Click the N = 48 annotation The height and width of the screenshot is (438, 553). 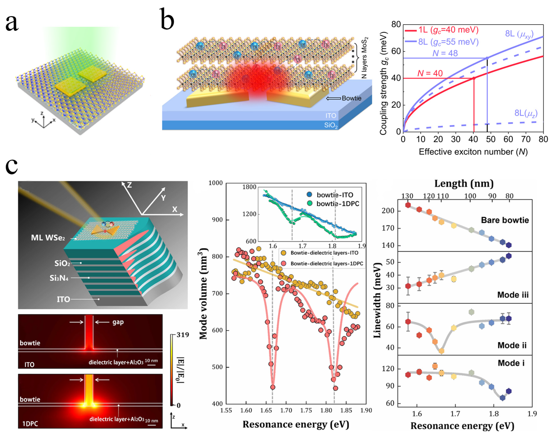[x=445, y=53]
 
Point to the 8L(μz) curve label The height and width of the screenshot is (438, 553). [x=526, y=113]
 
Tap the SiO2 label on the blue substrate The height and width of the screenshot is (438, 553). [x=331, y=125]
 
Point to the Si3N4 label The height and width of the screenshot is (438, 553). [x=59, y=278]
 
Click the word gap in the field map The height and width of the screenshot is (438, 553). [x=118, y=322]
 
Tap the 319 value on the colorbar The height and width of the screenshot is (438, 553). [x=183, y=335]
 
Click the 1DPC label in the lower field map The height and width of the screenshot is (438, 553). [x=30, y=424]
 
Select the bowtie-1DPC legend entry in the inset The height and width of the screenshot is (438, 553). [x=337, y=204]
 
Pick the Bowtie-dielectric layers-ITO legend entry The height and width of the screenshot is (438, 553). [x=324, y=253]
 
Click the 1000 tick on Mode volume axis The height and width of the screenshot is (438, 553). [x=215, y=183]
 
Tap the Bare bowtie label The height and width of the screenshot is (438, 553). [x=505, y=220]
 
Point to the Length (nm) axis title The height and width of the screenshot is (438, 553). [x=464, y=183]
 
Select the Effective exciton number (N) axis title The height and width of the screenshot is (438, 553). [x=473, y=152]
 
